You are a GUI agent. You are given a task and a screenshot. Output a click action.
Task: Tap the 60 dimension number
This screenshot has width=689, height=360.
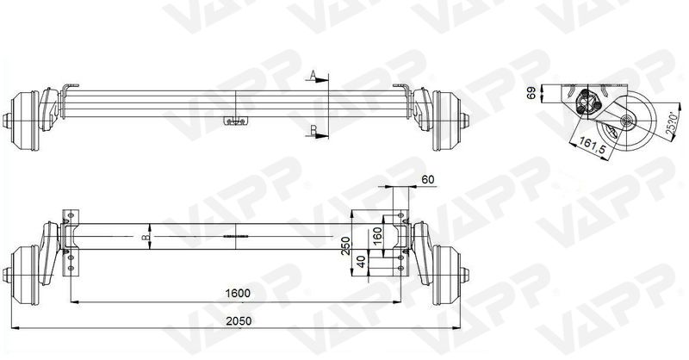point(429,180)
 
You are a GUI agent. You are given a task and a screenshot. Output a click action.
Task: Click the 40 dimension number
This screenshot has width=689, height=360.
point(362,259)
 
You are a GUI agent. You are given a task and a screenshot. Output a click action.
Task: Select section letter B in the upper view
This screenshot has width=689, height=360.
point(314,130)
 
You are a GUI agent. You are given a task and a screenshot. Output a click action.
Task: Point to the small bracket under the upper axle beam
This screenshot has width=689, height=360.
point(233,121)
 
